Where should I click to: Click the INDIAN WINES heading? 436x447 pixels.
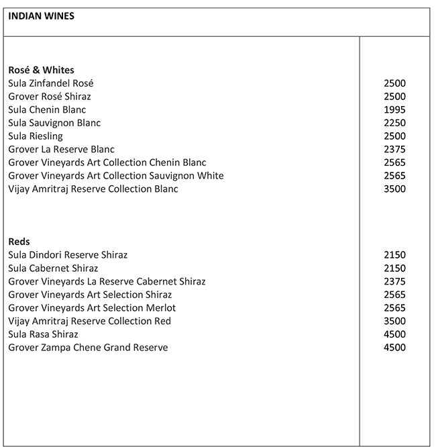[x=41, y=16]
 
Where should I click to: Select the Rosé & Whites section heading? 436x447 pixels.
[x=41, y=70]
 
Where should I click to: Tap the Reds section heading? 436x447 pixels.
[x=19, y=242]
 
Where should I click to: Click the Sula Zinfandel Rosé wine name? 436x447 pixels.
[x=51, y=83]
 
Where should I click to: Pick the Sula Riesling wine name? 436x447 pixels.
[x=36, y=136]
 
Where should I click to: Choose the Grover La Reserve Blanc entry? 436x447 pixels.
[x=61, y=150]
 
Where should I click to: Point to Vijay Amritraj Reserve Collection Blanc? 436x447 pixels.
[x=93, y=189]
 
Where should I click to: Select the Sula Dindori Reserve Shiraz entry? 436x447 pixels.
[x=68, y=255]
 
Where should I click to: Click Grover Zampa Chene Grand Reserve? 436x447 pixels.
[x=88, y=348]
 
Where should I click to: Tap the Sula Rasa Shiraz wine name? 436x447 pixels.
[x=44, y=334]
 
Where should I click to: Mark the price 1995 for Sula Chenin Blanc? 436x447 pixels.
[x=394, y=110]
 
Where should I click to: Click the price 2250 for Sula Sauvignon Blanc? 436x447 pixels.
[x=394, y=123]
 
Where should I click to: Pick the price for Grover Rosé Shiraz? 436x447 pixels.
[x=394, y=97]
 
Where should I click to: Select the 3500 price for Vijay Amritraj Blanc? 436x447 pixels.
[x=394, y=189]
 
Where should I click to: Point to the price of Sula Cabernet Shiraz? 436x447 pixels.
[x=394, y=268]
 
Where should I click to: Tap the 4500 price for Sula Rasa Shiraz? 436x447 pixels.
[x=394, y=334]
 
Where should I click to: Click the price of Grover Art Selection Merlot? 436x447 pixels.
[x=394, y=308]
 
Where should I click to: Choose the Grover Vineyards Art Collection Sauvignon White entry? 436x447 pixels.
[x=116, y=176]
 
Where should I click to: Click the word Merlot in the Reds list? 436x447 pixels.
[x=160, y=308]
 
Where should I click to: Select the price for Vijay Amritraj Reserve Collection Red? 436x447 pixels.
[x=394, y=321]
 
